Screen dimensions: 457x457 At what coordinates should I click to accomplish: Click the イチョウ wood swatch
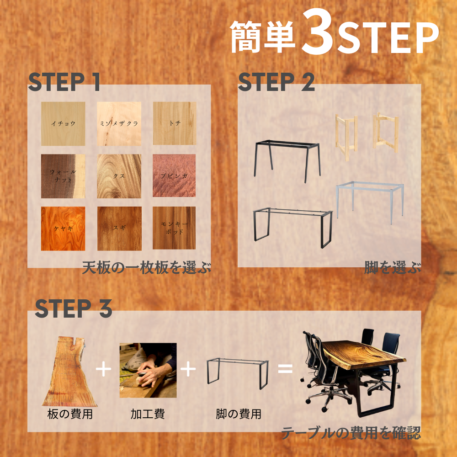click(x=63, y=123)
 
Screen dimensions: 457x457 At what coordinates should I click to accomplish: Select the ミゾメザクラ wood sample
click(x=119, y=123)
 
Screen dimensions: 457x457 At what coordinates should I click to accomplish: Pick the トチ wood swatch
click(x=175, y=123)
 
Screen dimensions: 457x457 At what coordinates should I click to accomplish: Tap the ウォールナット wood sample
click(x=63, y=176)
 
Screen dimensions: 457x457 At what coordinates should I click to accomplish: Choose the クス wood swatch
click(x=119, y=176)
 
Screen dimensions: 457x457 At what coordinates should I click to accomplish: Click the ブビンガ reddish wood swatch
click(x=174, y=175)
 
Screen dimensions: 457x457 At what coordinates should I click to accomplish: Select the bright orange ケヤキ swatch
click(x=63, y=228)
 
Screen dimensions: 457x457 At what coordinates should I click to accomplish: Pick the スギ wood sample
click(x=119, y=228)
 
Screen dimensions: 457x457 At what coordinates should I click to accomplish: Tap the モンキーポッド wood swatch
click(x=174, y=228)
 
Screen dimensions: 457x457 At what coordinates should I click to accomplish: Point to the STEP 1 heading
click(x=64, y=82)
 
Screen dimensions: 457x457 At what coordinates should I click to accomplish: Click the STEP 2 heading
click(x=276, y=82)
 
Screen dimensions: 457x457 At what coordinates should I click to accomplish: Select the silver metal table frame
click(x=370, y=201)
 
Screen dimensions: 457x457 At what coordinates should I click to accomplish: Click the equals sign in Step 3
click(x=285, y=368)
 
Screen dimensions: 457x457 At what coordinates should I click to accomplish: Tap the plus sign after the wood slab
click(x=103, y=369)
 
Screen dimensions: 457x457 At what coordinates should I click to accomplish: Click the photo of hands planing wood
click(x=148, y=370)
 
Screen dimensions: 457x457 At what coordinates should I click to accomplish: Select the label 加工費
click(x=148, y=414)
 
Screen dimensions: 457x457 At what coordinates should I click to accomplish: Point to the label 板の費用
click(x=70, y=414)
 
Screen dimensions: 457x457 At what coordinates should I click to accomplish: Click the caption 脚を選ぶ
click(x=393, y=267)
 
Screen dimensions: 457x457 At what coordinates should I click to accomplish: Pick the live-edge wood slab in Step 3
click(x=70, y=372)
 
